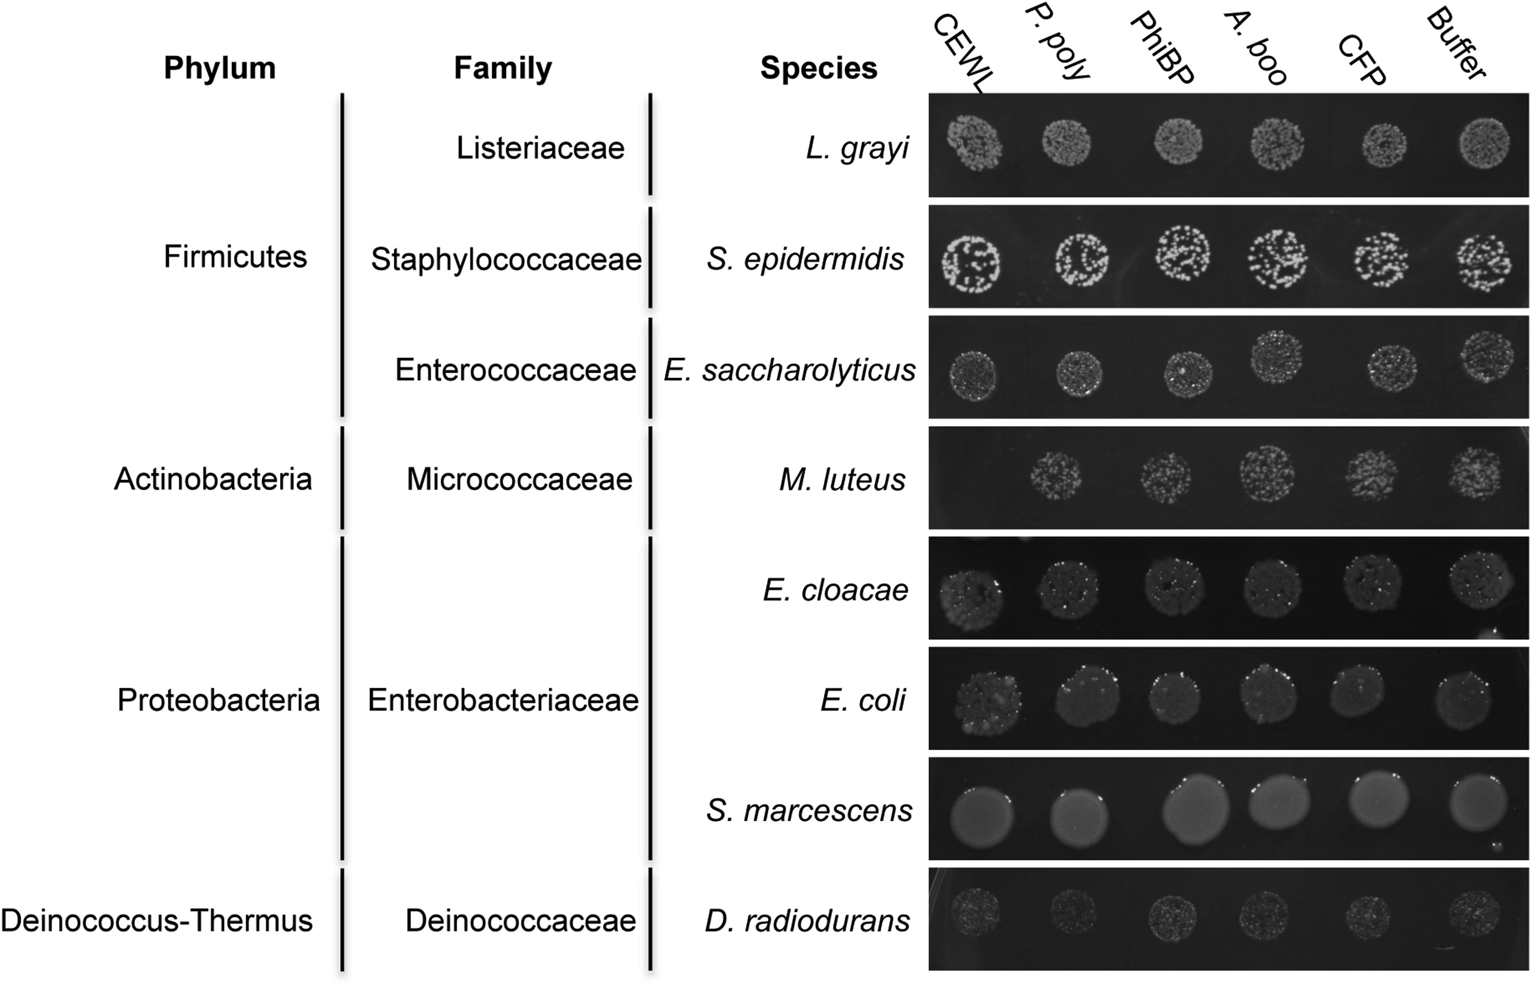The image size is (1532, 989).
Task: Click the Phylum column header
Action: click(x=219, y=68)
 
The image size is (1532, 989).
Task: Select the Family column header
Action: click(x=502, y=68)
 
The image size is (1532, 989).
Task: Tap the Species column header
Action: click(x=818, y=68)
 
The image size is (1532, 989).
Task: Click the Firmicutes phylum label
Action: click(x=235, y=257)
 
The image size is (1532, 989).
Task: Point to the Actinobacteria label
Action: click(x=213, y=479)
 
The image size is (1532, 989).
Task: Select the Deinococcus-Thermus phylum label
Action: click(x=157, y=921)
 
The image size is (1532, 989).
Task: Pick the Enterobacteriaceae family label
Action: click(x=503, y=700)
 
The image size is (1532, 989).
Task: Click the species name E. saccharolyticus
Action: click(x=789, y=370)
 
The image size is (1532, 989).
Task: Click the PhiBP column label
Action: click(x=1162, y=50)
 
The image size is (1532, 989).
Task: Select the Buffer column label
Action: click(x=1456, y=45)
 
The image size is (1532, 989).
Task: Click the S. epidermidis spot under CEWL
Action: click(x=970, y=263)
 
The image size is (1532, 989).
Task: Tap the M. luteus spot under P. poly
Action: click(x=1055, y=476)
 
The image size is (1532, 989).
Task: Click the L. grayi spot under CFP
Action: click(x=1384, y=145)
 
